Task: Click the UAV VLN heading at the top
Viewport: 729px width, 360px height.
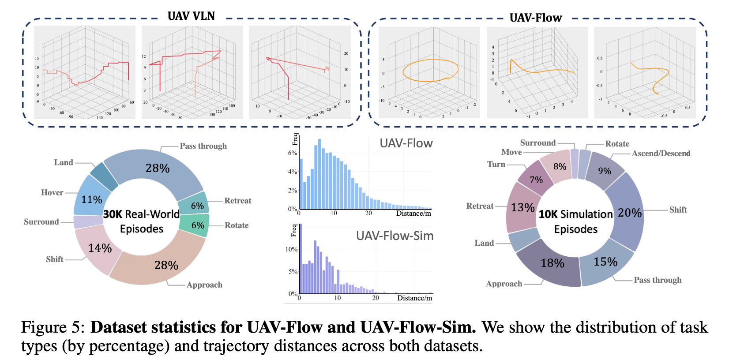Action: click(191, 16)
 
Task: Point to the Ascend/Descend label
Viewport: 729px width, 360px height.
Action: click(661, 154)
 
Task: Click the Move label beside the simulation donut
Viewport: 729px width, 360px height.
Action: click(511, 152)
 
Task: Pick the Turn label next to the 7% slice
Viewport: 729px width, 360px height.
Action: click(496, 164)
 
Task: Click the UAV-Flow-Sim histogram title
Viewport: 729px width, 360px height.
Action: click(395, 236)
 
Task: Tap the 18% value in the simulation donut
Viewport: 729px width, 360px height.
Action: click(552, 263)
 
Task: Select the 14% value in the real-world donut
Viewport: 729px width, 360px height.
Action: click(100, 248)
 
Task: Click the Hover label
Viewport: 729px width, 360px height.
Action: click(52, 192)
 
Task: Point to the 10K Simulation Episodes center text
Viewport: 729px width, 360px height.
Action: click(575, 221)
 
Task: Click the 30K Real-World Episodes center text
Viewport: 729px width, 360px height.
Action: click(141, 221)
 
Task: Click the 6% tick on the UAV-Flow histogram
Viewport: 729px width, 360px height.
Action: click(292, 153)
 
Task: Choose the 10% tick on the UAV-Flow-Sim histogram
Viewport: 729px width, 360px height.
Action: click(291, 249)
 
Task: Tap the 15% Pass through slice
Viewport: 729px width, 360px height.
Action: click(605, 262)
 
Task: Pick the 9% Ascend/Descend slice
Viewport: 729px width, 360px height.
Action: click(605, 171)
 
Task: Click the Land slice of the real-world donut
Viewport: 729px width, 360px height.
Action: click(104, 176)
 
